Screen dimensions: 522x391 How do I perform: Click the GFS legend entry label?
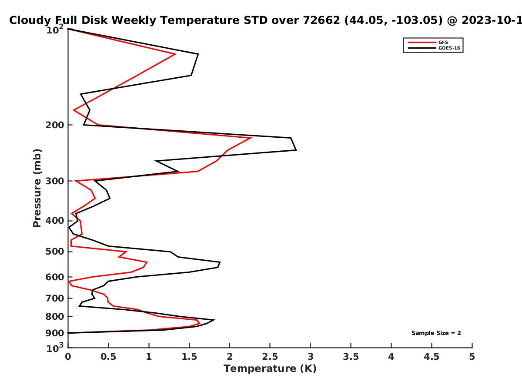click(443, 43)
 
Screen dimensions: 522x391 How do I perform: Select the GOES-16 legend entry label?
click(449, 48)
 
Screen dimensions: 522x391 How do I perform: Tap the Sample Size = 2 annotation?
click(436, 333)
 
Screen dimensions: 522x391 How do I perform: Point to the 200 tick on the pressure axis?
click(55, 125)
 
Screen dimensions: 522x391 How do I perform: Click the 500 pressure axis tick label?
click(55, 252)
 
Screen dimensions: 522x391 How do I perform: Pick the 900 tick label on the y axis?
click(55, 333)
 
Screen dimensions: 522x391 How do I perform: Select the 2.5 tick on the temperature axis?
click(270, 357)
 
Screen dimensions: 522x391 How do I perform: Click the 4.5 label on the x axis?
click(432, 357)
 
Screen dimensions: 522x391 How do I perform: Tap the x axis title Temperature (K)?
click(270, 369)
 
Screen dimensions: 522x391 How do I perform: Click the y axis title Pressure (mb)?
click(37, 188)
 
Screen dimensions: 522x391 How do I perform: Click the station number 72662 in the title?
click(321, 20)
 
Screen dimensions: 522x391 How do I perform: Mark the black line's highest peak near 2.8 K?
click(296, 150)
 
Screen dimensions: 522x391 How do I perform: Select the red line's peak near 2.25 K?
click(251, 138)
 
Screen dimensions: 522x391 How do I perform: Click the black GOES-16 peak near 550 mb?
click(220, 262)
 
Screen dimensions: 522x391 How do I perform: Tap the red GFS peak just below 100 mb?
click(175, 54)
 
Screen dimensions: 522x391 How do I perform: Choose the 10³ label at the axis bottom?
click(55, 348)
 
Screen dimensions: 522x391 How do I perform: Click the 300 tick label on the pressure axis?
click(55, 181)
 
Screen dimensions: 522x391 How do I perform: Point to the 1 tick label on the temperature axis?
click(149, 357)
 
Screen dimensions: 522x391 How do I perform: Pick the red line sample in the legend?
click(422, 43)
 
